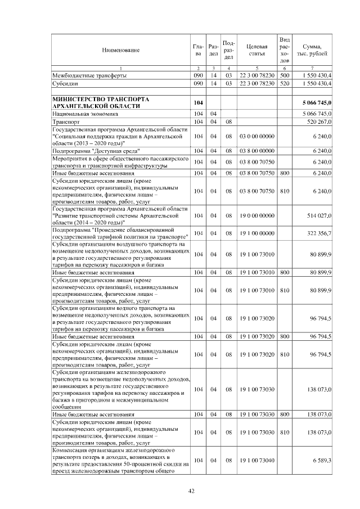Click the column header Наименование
pos(120,51)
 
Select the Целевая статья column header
pos(256,51)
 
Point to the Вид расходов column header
pos(284,50)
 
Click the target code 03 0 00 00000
pos(256,136)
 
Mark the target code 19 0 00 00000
pos(256,215)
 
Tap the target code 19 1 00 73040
pos(256,461)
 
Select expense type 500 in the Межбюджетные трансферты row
pos(284,75)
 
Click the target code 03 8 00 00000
pos(256,151)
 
